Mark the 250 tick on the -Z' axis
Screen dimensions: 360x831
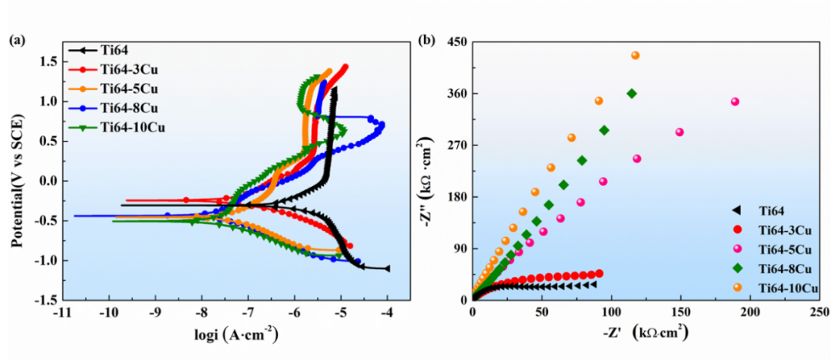click(x=819, y=313)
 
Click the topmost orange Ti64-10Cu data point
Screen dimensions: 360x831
click(x=636, y=55)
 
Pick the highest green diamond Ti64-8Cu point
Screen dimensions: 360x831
click(x=632, y=94)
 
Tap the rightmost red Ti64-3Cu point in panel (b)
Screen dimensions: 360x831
click(x=599, y=273)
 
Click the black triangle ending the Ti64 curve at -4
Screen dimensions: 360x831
click(x=386, y=268)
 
